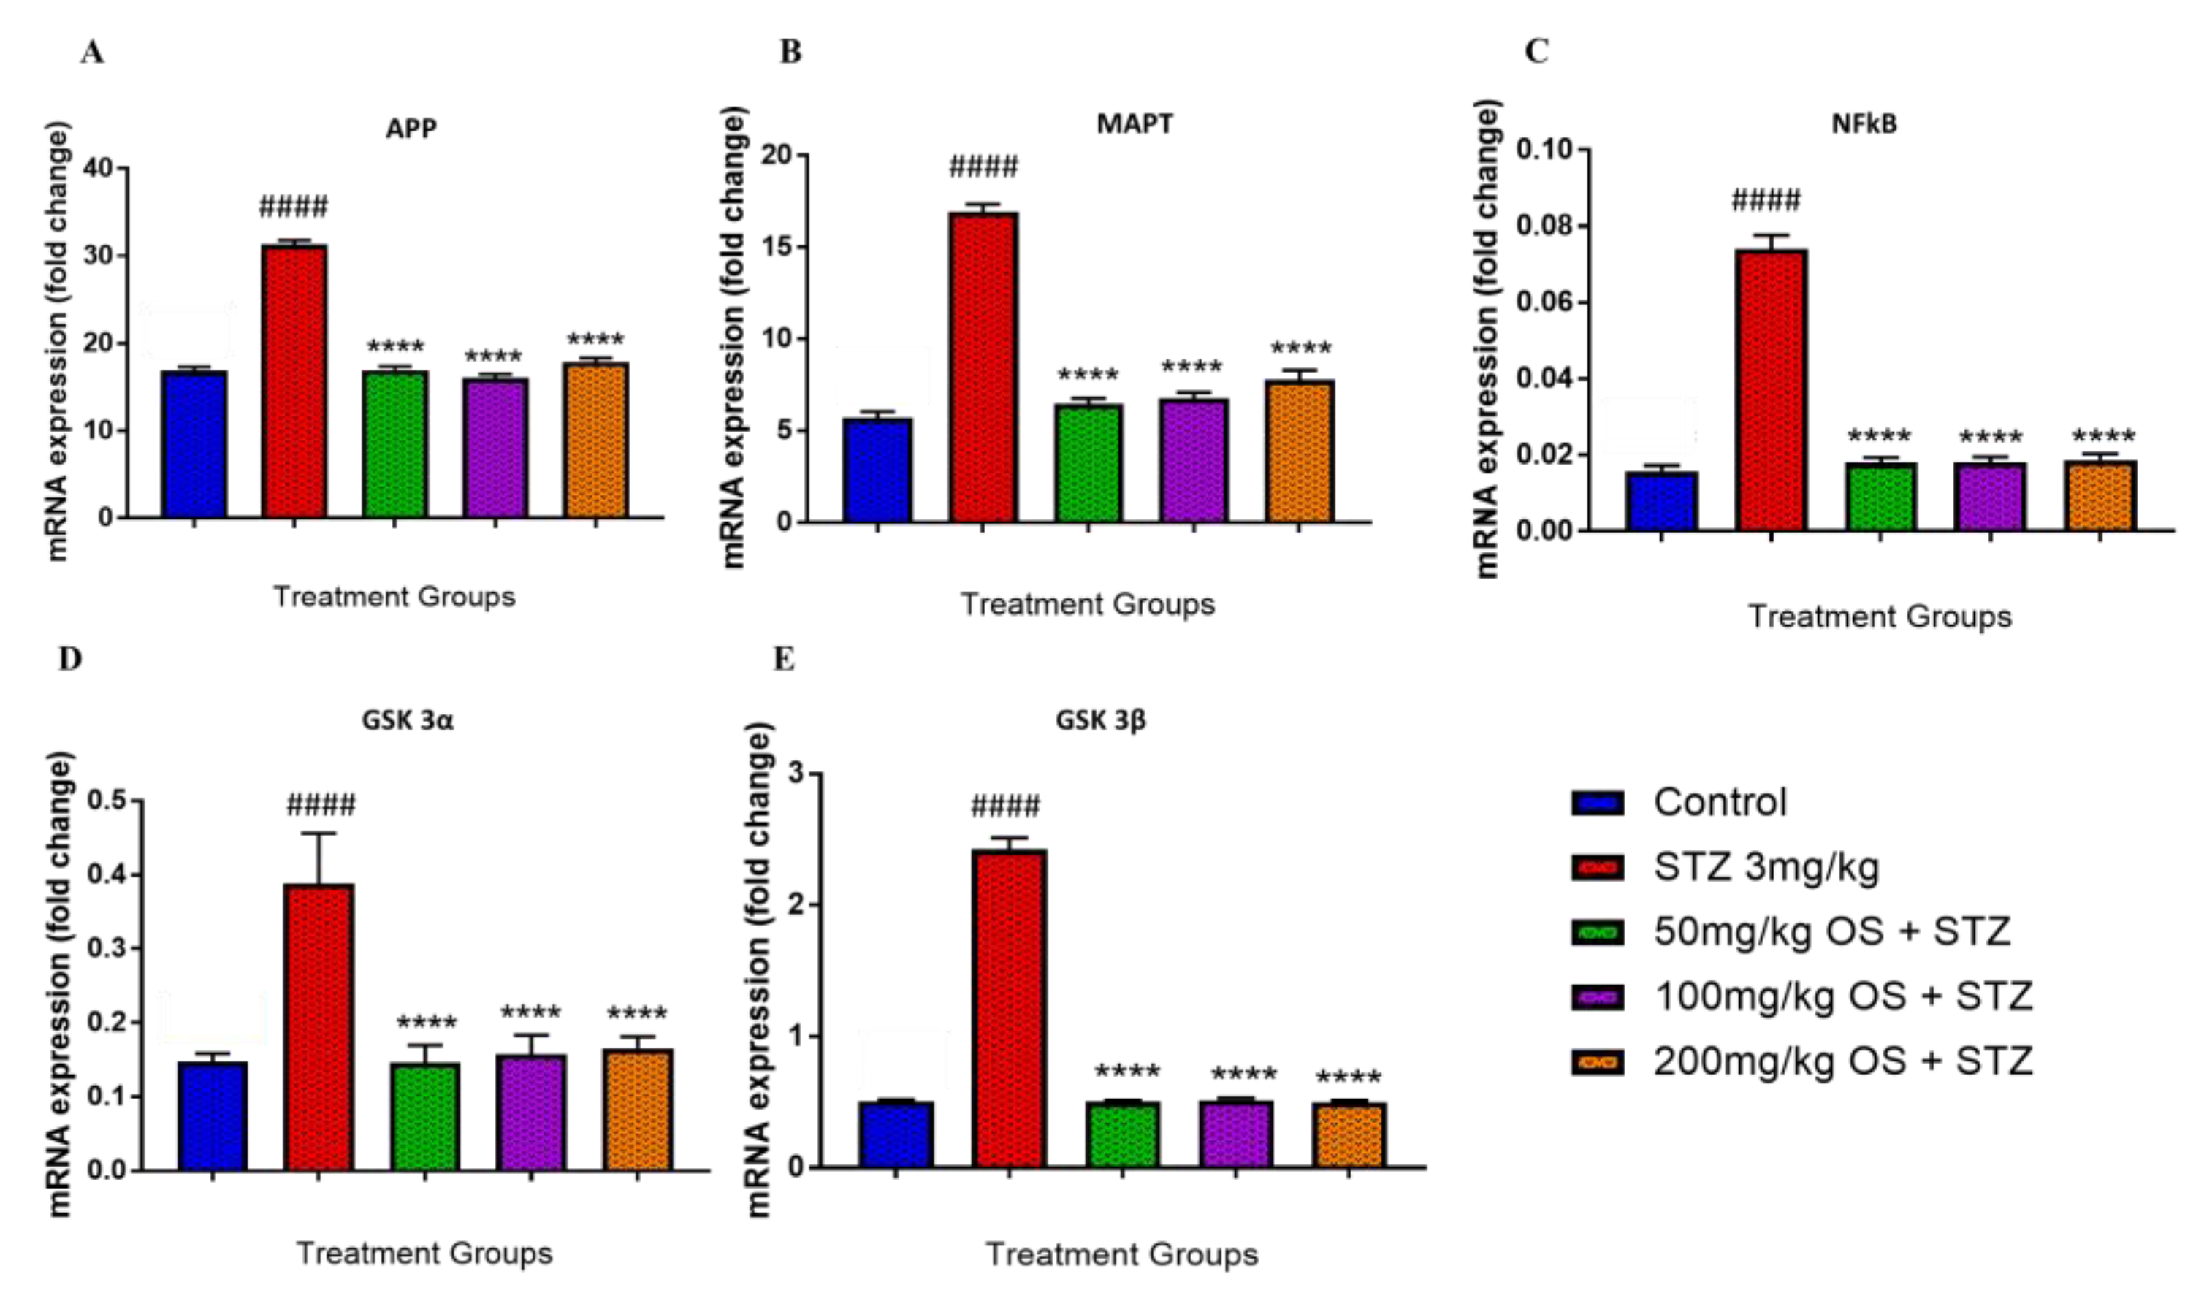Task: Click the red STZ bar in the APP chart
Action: pyautogui.click(x=294, y=381)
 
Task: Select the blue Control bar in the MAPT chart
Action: pyautogui.click(x=877, y=470)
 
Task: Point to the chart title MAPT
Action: pyautogui.click(x=1134, y=123)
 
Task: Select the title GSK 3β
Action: pyautogui.click(x=1100, y=720)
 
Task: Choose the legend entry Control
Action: pyautogui.click(x=1719, y=802)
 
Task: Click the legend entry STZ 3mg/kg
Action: pyautogui.click(x=1766, y=867)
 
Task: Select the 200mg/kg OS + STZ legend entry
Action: pyautogui.click(x=1842, y=1061)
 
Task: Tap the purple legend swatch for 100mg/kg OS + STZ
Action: pyautogui.click(x=1598, y=997)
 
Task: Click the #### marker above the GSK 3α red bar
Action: pyautogui.click(x=321, y=804)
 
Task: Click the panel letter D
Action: pyautogui.click(x=70, y=657)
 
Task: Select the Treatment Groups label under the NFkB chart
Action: pyautogui.click(x=1880, y=617)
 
